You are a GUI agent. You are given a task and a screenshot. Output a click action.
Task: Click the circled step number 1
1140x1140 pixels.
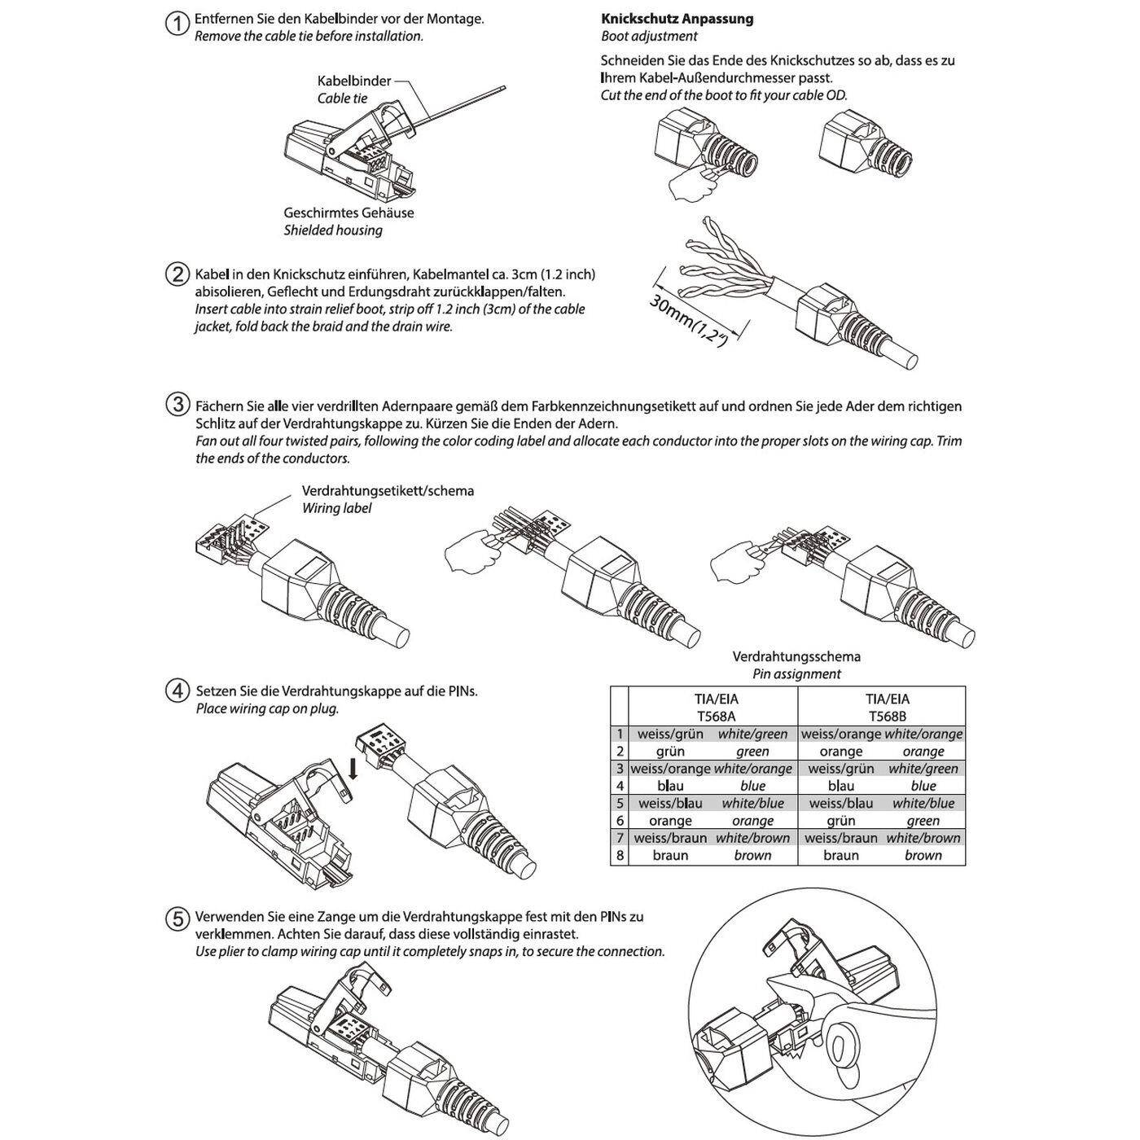(177, 23)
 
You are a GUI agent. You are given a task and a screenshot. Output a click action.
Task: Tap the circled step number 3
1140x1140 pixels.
(177, 405)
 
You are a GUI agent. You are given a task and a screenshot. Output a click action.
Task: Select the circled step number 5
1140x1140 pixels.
(177, 919)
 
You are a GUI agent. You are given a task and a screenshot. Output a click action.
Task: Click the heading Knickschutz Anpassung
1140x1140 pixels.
(677, 19)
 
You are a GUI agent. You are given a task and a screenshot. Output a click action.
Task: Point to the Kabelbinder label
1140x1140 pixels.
(353, 81)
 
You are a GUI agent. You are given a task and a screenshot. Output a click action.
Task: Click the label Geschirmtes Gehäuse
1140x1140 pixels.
(349, 213)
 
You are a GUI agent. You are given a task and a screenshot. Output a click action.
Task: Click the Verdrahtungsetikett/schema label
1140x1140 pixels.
(388, 491)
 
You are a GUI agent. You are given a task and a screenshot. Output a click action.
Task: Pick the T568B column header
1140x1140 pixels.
(887, 717)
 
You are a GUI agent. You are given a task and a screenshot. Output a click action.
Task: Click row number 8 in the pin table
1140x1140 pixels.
(620, 856)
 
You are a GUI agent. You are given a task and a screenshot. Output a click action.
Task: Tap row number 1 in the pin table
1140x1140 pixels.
(620, 734)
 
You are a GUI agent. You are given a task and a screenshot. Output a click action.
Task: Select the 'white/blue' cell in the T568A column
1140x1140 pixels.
(752, 804)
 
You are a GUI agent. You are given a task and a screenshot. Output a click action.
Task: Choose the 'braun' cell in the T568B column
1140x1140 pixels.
(840, 856)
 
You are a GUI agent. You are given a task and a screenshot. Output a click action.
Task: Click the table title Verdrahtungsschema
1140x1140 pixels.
(796, 656)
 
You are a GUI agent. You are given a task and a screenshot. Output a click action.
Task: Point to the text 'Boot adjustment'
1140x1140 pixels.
(649, 36)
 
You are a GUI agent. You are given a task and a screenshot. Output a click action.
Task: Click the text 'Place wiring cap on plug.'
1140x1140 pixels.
(267, 708)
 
